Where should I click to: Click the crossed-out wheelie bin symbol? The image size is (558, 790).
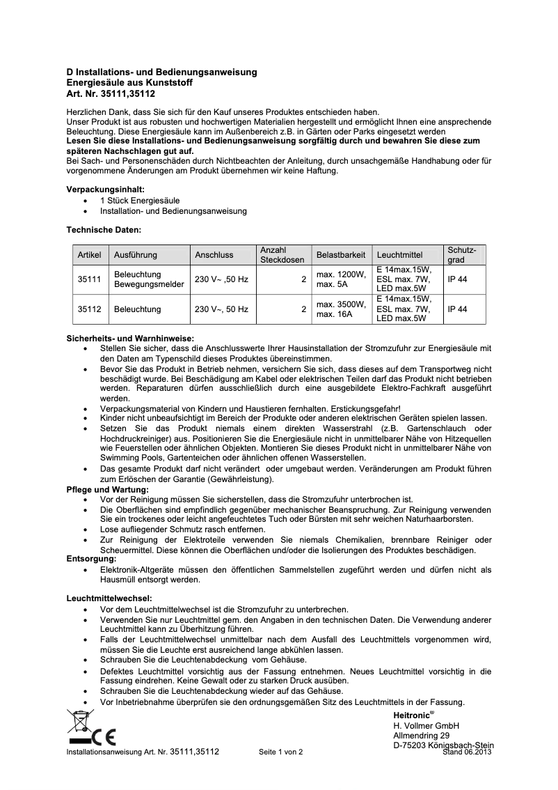[x=80, y=722]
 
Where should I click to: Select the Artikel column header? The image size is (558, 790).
[x=90, y=255]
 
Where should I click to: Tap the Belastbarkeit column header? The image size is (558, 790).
[x=340, y=255]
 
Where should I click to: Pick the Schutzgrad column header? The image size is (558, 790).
[x=461, y=254]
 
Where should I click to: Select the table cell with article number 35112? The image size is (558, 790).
[x=90, y=309]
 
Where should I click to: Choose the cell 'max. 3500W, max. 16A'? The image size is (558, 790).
[x=340, y=309]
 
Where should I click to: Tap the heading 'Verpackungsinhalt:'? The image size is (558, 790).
[x=105, y=189]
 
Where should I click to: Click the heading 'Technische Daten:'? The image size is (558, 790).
[x=104, y=229]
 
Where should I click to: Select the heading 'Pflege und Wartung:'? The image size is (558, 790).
[x=107, y=490]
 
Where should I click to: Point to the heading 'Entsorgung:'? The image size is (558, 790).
[x=91, y=559]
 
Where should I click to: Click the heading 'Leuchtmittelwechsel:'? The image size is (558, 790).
[x=109, y=598]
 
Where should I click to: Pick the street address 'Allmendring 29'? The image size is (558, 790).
[x=421, y=736]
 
